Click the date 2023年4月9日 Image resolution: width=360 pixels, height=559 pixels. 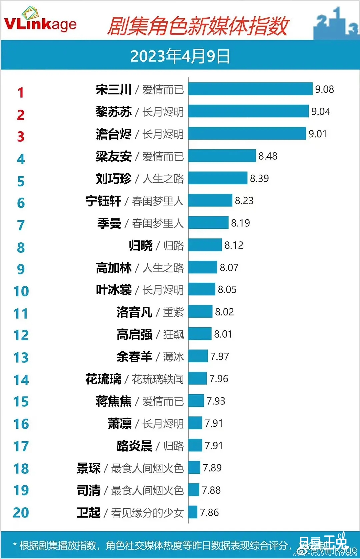[180, 56]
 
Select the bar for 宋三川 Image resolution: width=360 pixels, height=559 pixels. [250, 89]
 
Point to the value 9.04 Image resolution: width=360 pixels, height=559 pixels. [321, 111]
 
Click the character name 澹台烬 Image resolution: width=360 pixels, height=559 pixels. [114, 134]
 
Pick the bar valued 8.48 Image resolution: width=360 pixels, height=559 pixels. [222, 156]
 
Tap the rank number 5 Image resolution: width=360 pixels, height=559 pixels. [21, 181]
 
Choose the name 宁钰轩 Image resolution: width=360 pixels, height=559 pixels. [103, 201]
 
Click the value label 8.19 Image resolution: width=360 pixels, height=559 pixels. [240, 223]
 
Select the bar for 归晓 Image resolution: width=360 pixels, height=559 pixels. [205, 245]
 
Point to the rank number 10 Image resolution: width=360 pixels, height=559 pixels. [21, 291]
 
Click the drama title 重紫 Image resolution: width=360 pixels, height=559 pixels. [173, 312]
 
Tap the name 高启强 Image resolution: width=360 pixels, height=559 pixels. [134, 334]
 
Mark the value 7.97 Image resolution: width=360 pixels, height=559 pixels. [220, 356]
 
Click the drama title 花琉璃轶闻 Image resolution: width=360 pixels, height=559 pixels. [158, 379]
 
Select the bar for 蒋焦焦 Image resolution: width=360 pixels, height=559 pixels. [196, 401]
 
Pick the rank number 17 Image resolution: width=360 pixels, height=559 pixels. [21, 446]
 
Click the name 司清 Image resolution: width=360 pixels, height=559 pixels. [89, 490]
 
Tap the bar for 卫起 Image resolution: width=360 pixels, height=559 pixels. [193, 512]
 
